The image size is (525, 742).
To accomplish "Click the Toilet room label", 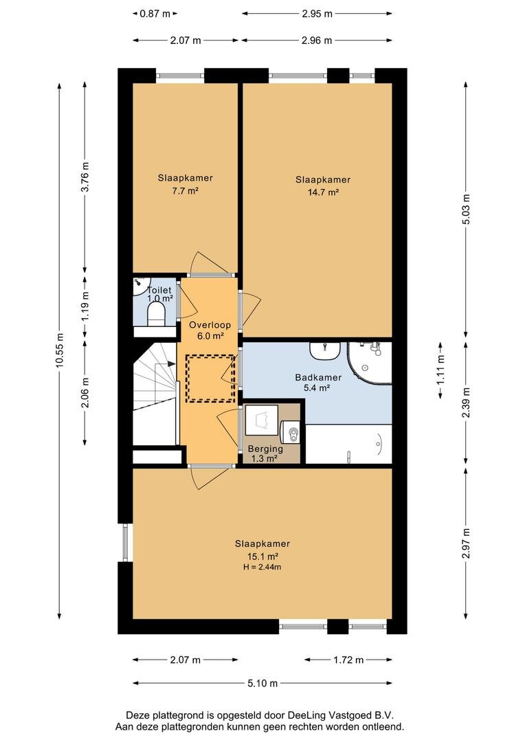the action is [159, 290].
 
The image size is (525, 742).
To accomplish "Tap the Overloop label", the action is [210, 325].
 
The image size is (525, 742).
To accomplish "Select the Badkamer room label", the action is [318, 378].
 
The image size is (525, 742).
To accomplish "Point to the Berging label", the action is [265, 449].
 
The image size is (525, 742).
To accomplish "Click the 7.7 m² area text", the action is [185, 191].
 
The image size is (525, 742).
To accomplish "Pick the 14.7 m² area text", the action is [323, 192].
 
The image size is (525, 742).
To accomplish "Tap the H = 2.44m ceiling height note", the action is [262, 567].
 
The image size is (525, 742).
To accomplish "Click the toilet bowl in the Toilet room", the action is [156, 314].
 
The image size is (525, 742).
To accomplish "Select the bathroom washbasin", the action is [325, 350].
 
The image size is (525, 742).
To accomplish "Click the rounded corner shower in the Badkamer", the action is [370, 363].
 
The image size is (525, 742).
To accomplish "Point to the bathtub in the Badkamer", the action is [349, 444].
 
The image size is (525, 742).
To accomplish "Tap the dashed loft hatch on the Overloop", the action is [210, 379].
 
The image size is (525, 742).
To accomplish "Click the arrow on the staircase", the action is [170, 363].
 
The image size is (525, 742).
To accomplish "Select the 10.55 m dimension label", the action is [59, 350].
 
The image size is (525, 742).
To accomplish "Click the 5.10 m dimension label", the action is [262, 683].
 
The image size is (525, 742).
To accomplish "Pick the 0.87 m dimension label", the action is [155, 14].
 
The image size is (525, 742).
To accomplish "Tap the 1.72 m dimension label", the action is [348, 660].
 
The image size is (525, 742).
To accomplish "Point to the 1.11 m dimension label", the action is [440, 370].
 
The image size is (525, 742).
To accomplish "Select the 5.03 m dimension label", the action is [467, 209].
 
